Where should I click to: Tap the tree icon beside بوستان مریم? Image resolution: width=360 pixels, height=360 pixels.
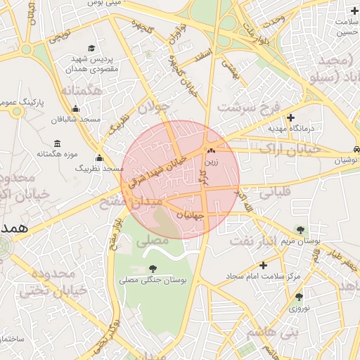pyautogui.click(x=301, y=229)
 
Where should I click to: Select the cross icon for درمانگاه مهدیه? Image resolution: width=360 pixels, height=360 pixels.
pyautogui.click(x=290, y=117)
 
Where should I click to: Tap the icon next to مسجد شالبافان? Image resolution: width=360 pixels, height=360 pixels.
pyautogui.click(x=76, y=109)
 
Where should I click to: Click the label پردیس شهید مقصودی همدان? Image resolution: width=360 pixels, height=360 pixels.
pyautogui.click(x=94, y=65)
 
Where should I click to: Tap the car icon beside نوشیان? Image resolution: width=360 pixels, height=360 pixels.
pyautogui.click(x=358, y=149)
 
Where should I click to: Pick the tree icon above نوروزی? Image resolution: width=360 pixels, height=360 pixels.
pyautogui.click(x=300, y=297)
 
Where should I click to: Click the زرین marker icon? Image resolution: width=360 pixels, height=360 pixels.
pyautogui.click(x=211, y=150)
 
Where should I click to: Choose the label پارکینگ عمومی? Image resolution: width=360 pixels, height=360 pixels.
pyautogui.click(x=21, y=103)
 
